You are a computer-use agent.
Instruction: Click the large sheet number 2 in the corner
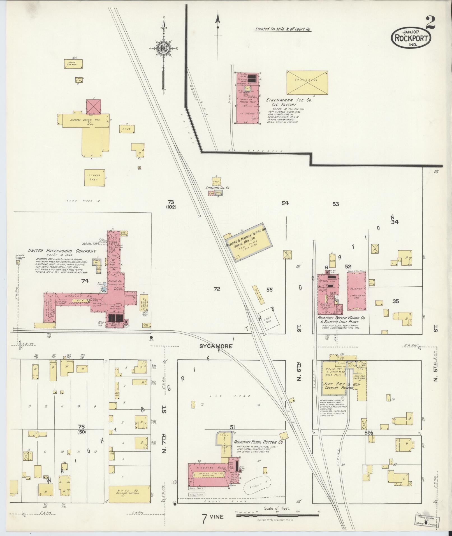[430, 22]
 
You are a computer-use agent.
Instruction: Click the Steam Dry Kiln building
[74, 64]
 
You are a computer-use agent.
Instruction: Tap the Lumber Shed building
[95, 177]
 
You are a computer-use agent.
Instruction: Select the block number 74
[85, 281]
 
